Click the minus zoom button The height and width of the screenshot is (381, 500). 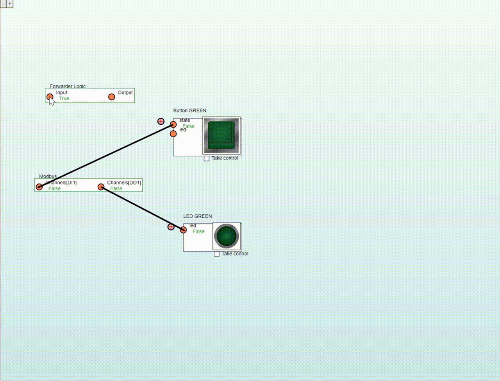pos(3,4)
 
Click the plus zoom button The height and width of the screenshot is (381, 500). pos(10,4)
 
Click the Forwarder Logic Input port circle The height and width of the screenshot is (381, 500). pos(50,97)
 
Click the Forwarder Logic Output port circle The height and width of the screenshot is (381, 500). pos(112,97)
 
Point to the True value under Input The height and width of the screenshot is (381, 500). pos(64,99)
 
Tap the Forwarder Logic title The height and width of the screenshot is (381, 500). pos(68,86)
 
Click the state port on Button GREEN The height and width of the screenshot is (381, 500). pos(173,124)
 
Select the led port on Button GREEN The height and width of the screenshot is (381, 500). pos(173,134)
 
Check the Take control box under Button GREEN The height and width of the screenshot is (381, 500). pos(207,158)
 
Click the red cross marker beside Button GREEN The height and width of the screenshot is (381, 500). pos(161,121)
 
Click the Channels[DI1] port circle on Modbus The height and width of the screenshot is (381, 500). pos(39,187)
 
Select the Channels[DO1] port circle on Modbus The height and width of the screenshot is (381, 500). pos(101,187)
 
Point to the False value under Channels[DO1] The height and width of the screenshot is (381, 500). pos(116,189)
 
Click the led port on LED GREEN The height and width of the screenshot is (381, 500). pos(183,230)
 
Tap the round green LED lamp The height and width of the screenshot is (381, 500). pos(227,236)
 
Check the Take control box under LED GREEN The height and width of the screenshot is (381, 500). pos(217,254)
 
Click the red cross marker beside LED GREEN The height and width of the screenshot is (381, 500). pos(171,227)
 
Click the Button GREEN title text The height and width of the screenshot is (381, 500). pos(190,111)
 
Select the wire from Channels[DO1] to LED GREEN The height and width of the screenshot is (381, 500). pos(142,208)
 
